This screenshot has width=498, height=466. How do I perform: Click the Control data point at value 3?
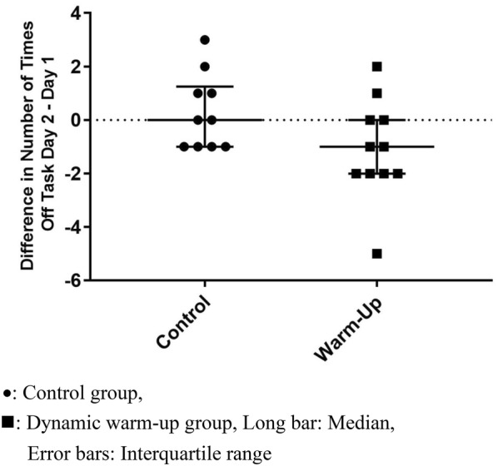pos(205,40)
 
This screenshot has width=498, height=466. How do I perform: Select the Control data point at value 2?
pos(205,67)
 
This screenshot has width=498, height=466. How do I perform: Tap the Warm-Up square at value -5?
pos(376,253)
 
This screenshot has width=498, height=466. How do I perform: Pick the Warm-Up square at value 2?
pos(376,67)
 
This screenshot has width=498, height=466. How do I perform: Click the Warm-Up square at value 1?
pos(376,93)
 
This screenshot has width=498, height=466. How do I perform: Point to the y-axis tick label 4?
pos(76,13)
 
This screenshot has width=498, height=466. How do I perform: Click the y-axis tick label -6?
pos(72,280)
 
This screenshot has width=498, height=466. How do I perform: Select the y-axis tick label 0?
pos(76,120)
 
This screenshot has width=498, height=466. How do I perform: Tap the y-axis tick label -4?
pos(72,227)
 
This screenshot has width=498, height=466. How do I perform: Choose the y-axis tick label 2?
pos(76,67)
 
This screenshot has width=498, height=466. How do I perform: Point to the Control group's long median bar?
pos(242,120)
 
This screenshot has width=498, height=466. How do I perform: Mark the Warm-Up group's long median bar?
pos(416,146)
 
